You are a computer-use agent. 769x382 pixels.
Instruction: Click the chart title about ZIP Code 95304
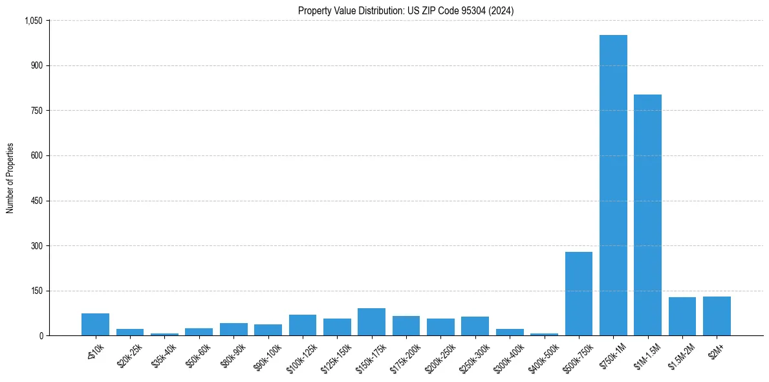point(406,10)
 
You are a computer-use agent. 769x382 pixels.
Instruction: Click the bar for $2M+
point(717,316)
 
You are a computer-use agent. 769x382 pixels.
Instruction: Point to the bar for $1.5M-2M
point(682,317)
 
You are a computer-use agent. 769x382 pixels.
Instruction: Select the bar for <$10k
point(95,324)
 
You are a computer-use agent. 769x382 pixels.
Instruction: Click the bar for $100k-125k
point(302,325)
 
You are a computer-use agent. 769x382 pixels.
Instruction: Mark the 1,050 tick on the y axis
point(33,21)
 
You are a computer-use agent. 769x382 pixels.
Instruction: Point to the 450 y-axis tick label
point(37,201)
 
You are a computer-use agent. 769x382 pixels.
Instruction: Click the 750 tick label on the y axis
point(37,111)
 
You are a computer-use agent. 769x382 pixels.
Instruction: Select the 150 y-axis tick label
point(37,291)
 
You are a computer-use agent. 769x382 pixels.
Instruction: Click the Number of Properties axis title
point(10,178)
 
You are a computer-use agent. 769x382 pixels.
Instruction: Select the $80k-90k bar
point(233,329)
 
